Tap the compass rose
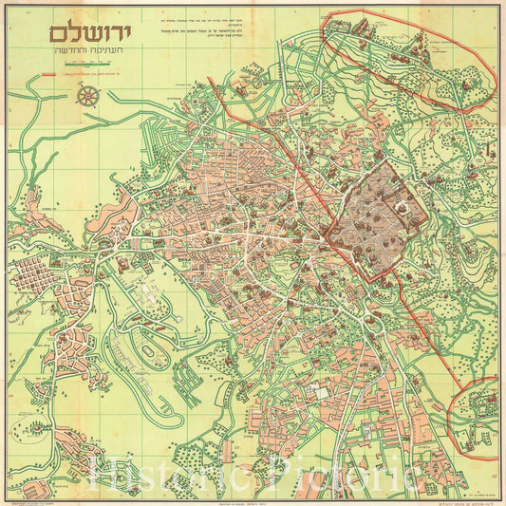pos(88,95)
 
